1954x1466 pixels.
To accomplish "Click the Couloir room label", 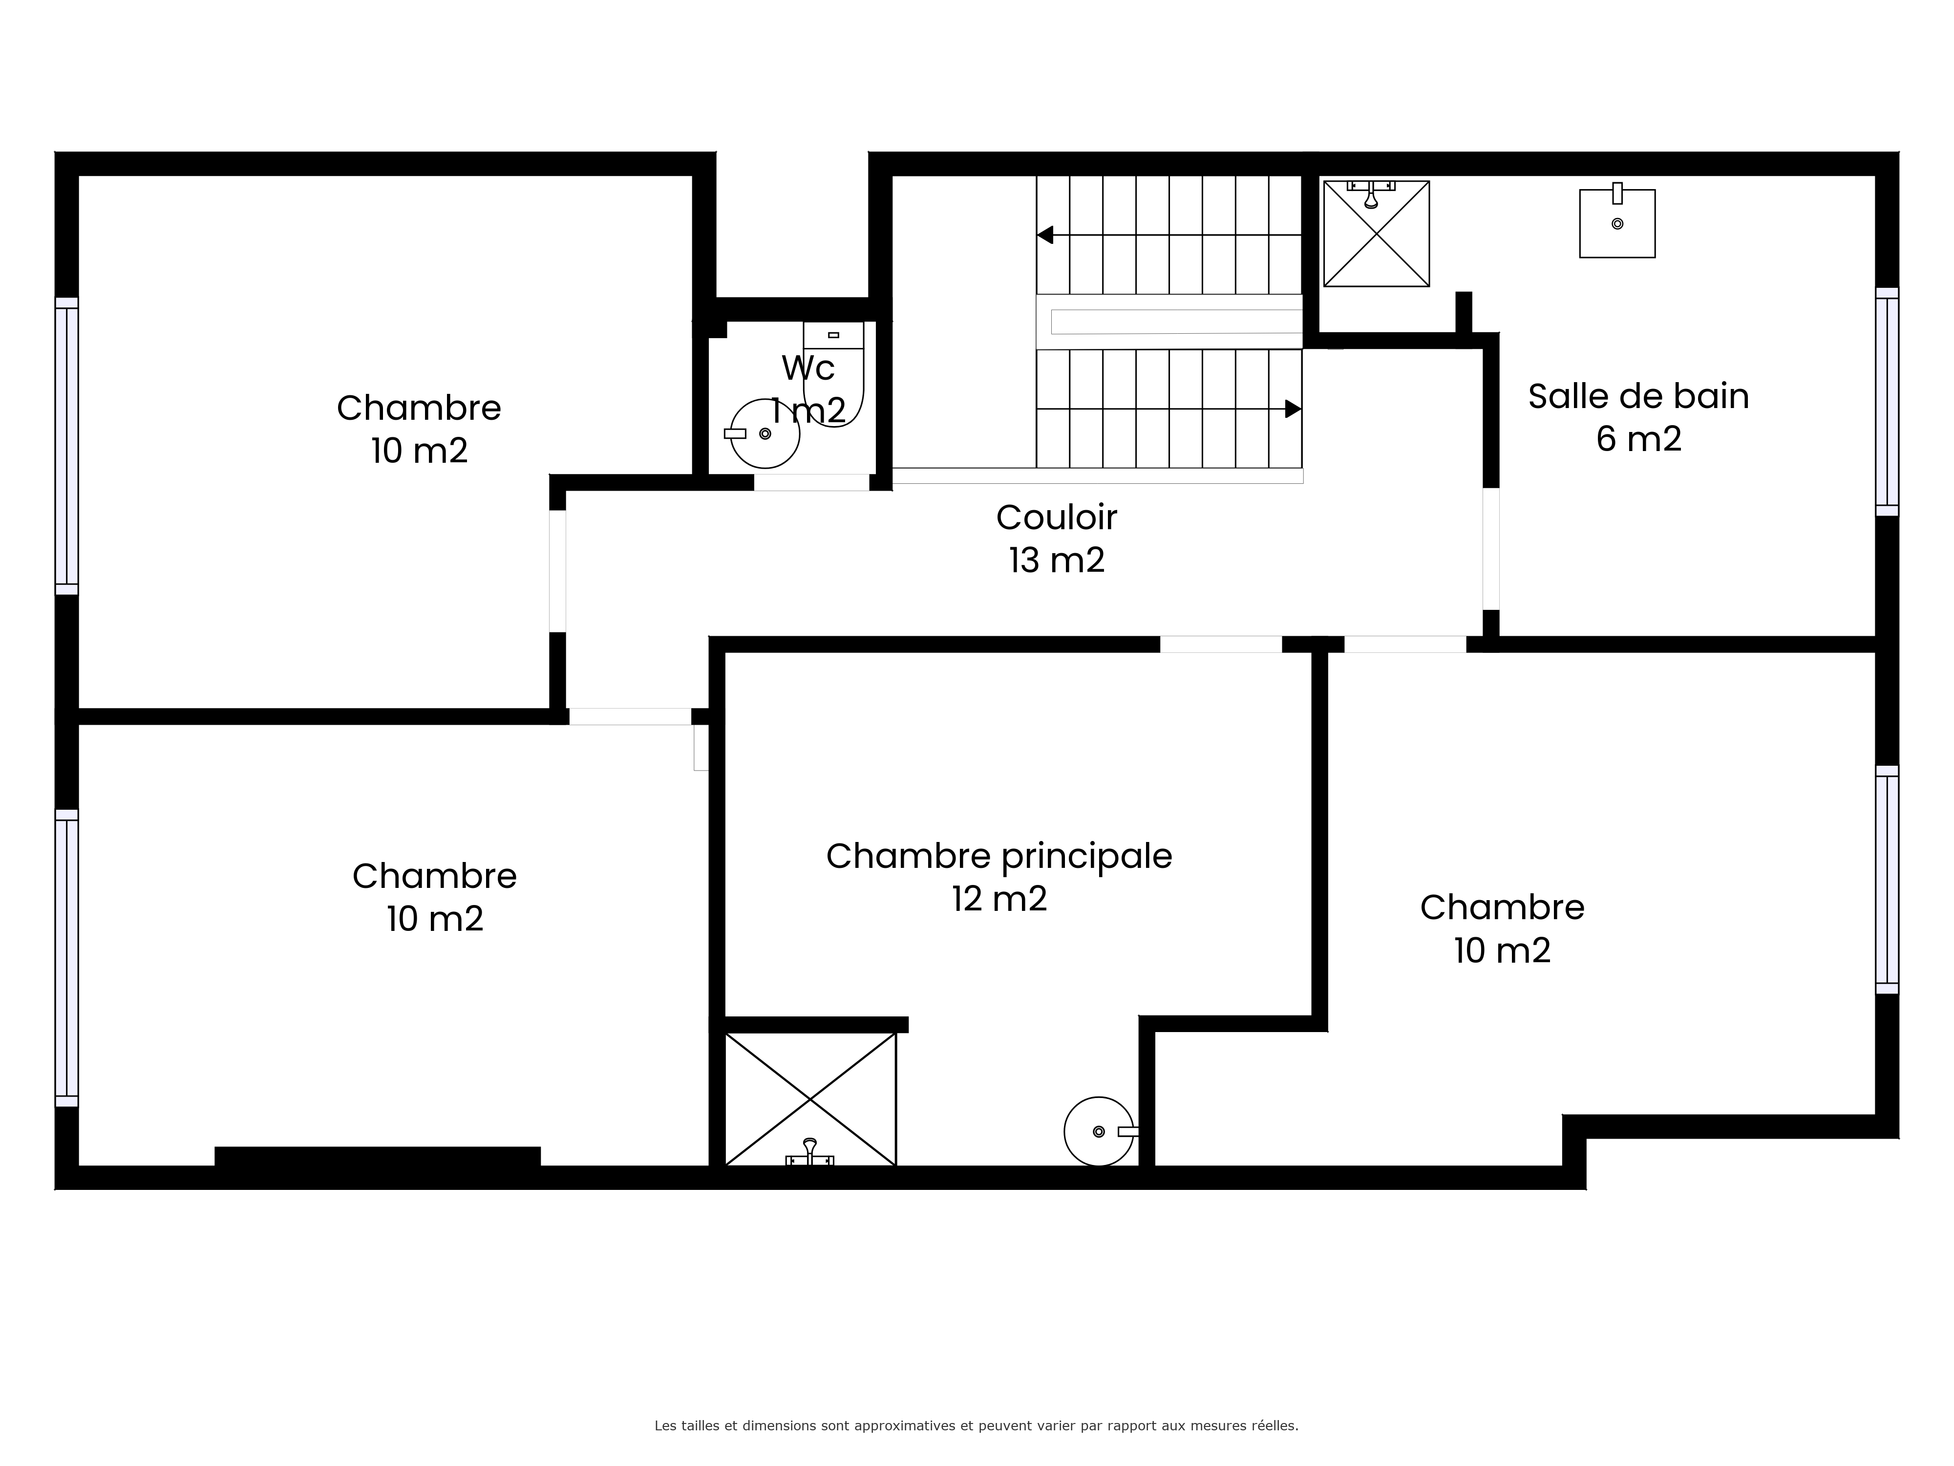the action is click(x=1057, y=517).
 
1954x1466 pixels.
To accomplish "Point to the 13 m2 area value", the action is click(x=1057, y=560).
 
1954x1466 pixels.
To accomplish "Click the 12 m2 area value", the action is click(x=999, y=899).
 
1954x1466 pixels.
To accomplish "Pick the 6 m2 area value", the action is click(x=1638, y=439).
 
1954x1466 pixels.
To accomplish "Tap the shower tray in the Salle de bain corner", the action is click(x=1376, y=233).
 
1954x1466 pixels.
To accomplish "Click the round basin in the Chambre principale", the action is click(x=1100, y=1131).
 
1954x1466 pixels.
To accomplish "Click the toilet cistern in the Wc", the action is click(x=833, y=335).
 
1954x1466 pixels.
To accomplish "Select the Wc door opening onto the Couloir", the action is click(x=811, y=482).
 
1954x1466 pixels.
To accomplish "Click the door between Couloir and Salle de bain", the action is click(x=1491, y=549).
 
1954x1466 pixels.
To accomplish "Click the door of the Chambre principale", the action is click(x=1221, y=644).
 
